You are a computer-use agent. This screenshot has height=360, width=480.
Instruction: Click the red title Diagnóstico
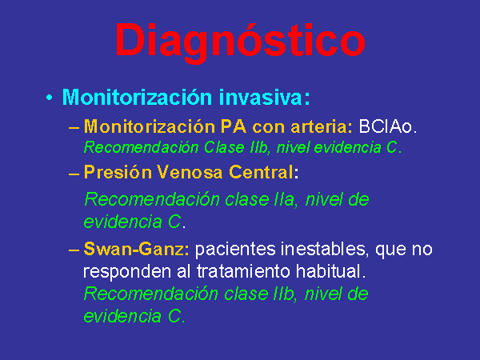pos(240,42)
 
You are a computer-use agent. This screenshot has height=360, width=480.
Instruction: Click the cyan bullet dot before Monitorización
pos(50,98)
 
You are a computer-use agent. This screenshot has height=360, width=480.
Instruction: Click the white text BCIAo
pos(387,126)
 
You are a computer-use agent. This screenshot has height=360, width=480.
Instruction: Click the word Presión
pos(118,172)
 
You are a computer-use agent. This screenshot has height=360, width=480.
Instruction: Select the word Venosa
pos(190,172)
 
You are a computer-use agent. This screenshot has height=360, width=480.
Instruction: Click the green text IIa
pos(285,199)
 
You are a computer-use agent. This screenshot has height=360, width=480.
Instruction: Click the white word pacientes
pos(235,249)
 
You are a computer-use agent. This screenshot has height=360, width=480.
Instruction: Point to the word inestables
pos(325,249)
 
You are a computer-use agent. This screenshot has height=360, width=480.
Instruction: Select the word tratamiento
pos(243,271)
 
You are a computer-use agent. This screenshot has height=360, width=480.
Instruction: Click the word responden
pos(127,272)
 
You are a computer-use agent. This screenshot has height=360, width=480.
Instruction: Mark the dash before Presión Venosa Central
pos(74,174)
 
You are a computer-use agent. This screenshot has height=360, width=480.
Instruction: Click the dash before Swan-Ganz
pos(74,250)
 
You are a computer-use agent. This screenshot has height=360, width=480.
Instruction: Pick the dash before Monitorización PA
pos(74,128)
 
